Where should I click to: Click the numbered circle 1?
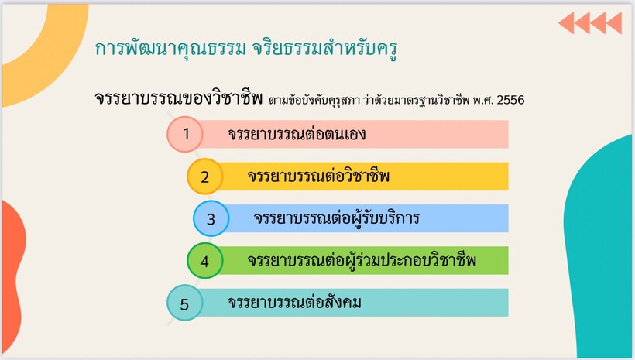[184, 134]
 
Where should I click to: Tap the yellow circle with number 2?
[205, 177]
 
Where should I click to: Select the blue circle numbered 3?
[211, 218]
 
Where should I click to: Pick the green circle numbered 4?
[205, 261]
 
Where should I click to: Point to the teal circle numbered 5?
[184, 303]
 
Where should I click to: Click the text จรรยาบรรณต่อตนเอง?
[297, 134]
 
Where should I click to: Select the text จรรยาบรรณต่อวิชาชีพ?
[319, 177]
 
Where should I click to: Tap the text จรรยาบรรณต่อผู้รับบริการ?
[337, 218]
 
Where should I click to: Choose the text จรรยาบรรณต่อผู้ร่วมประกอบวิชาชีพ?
[362, 261]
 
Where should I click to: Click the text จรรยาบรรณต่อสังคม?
[294, 303]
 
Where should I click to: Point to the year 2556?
[510, 100]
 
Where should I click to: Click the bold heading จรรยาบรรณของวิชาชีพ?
[179, 98]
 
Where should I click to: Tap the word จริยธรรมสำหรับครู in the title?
[324, 49]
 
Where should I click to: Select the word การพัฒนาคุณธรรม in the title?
[170, 49]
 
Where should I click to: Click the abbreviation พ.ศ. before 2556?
[483, 100]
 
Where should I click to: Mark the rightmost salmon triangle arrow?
[614, 23]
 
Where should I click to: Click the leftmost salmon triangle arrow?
[567, 23]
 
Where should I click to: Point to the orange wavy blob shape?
[12, 276]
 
